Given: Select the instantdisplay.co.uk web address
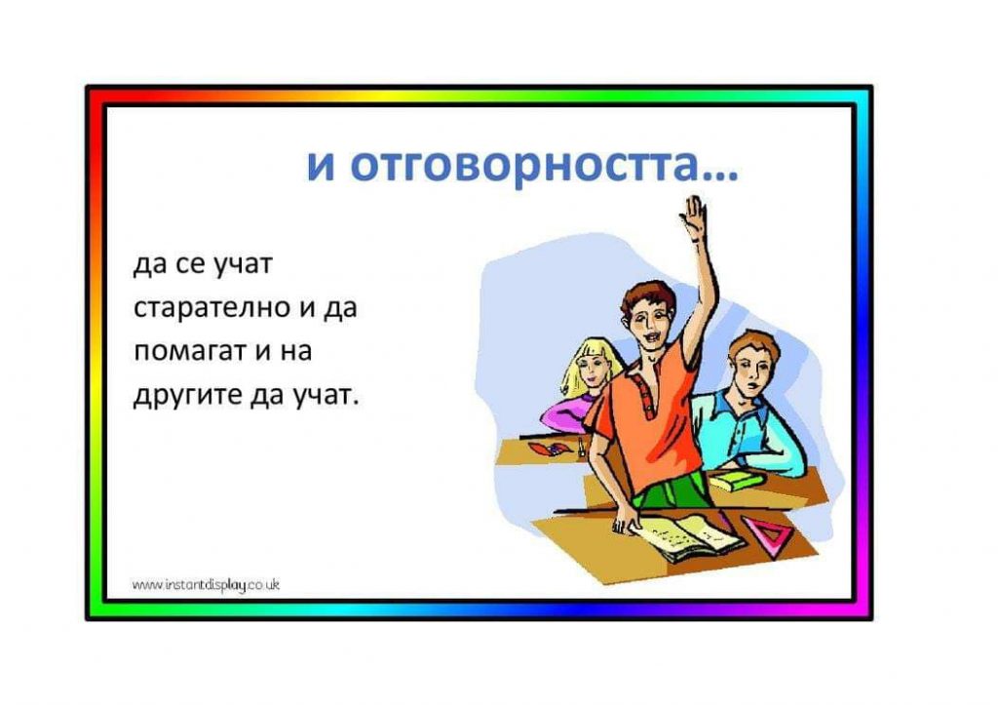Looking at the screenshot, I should pos(206,585).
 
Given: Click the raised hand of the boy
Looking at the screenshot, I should pos(694,217).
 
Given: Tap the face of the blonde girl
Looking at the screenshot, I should pos(591,367).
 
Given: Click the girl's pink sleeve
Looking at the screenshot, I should pos(560,414).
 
